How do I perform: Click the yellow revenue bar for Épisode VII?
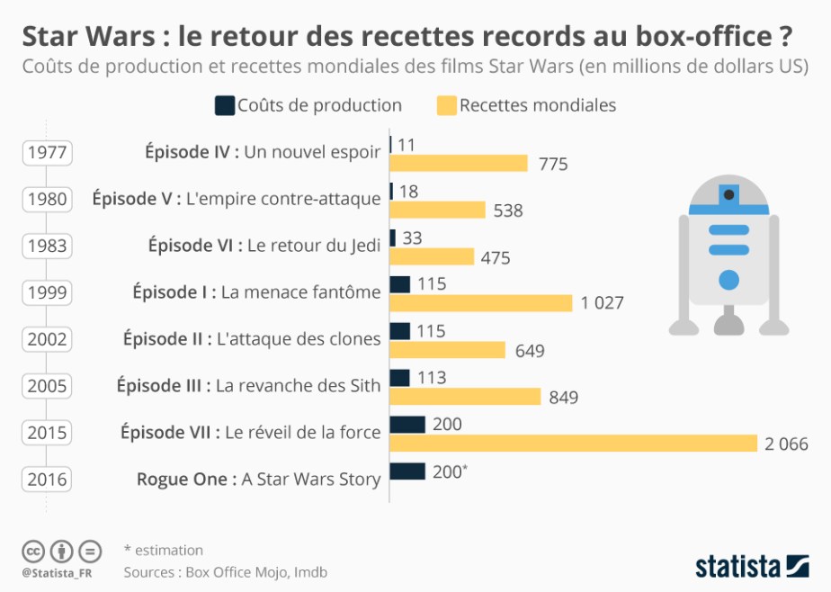coord(573,444)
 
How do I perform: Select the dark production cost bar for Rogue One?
coord(407,471)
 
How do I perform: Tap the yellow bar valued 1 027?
coord(481,303)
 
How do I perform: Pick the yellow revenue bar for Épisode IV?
coord(459,163)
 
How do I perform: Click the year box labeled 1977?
coord(48,152)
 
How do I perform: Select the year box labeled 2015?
coord(48,433)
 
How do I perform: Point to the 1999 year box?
coord(48,292)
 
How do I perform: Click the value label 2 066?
coord(787,444)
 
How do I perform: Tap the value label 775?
coord(553,164)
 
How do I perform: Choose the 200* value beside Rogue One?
coord(450,471)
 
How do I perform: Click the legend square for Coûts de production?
coord(223,105)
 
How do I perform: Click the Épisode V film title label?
coord(237,198)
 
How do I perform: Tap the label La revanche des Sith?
coord(299,385)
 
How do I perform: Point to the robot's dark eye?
coord(730,193)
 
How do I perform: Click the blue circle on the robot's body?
coord(729,279)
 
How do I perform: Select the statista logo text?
coord(737,567)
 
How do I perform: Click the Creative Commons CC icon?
coord(33,551)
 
